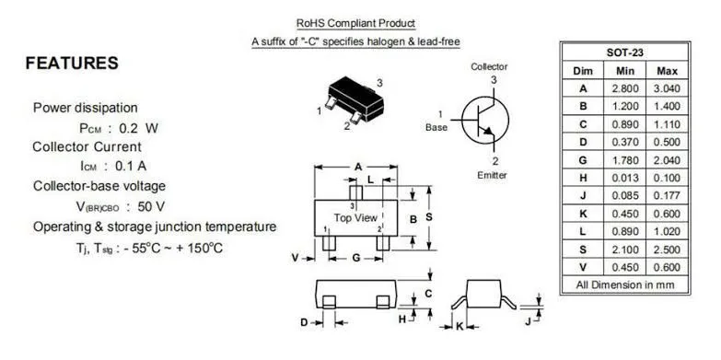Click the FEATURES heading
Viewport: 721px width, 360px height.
click(72, 63)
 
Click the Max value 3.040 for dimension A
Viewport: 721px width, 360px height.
click(667, 88)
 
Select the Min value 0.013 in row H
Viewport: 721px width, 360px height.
click(625, 178)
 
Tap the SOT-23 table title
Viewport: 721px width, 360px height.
click(625, 52)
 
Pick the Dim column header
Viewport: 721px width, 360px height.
click(583, 71)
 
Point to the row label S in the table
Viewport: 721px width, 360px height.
click(583, 250)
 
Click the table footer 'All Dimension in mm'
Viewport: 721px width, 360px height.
click(625, 285)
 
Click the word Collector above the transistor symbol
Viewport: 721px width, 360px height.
click(489, 66)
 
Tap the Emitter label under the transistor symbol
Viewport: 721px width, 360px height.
click(492, 175)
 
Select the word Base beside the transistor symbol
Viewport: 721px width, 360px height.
click(436, 127)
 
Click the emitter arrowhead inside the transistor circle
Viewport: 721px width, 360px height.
click(489, 132)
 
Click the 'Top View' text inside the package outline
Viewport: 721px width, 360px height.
click(355, 217)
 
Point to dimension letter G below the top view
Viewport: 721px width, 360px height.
click(356, 258)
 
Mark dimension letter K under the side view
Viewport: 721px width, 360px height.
click(459, 327)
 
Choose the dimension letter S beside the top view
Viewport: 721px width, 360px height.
click(429, 218)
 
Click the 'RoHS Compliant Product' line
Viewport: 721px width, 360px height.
click(355, 23)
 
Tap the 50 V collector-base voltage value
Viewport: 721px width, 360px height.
click(151, 206)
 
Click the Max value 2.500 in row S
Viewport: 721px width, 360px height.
click(667, 250)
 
